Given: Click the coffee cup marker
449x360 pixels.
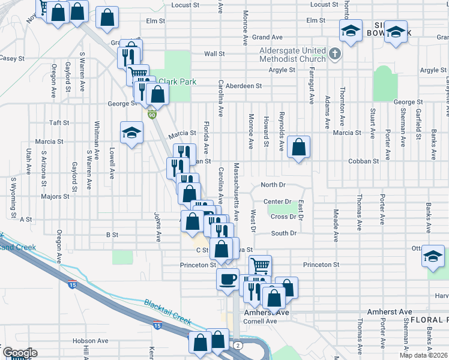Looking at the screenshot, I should click(x=228, y=279).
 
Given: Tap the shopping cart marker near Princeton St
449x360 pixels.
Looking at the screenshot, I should click(x=260, y=265).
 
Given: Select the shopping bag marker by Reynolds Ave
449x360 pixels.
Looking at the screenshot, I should click(x=298, y=147).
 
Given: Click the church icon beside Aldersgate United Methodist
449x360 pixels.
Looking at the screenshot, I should click(x=335, y=55).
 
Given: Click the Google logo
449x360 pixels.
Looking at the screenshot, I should click(x=19, y=353).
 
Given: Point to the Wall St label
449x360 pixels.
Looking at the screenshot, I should click(x=214, y=53).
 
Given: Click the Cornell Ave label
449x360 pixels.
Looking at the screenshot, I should click(x=260, y=321).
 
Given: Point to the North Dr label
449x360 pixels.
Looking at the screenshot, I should click(x=272, y=185).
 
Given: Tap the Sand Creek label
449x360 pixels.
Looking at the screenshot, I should click(x=18, y=247).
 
